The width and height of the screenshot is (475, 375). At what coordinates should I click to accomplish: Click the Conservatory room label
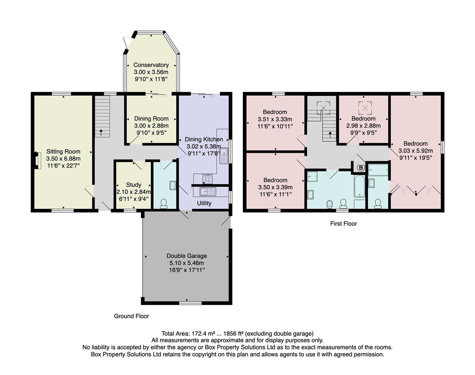(151, 65)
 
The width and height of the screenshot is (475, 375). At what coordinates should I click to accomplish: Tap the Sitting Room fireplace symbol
(35, 160)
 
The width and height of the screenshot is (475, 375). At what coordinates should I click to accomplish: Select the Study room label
(134, 185)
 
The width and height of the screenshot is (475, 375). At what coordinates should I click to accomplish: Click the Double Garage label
(187, 256)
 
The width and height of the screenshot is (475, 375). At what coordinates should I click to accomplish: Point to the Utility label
(204, 203)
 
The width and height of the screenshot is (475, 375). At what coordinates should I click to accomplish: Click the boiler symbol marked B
(361, 168)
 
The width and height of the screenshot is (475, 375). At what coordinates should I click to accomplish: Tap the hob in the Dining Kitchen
(207, 179)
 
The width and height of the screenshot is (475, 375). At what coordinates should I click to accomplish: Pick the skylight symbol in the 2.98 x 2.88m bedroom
(365, 108)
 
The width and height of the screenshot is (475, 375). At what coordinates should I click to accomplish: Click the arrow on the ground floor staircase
(101, 132)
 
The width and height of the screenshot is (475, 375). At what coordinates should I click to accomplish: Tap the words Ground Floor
(132, 316)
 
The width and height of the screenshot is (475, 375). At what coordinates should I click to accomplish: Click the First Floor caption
(343, 224)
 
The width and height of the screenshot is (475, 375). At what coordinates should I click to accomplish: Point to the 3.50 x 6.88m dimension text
(63, 159)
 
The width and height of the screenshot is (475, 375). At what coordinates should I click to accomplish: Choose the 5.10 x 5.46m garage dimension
(187, 263)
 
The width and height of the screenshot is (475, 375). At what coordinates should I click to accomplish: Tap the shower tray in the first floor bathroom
(312, 177)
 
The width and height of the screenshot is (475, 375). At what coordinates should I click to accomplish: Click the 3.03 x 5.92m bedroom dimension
(415, 151)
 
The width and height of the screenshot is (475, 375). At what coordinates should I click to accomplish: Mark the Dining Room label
(151, 119)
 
